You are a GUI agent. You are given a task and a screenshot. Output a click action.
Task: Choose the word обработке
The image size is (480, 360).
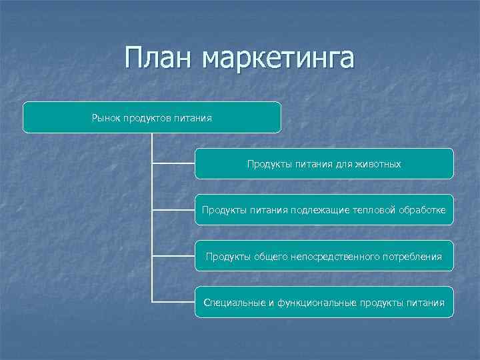pyautogui.click(x=423, y=211)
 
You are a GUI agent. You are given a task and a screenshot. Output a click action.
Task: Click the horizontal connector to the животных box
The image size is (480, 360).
pyautogui.click(x=173, y=163)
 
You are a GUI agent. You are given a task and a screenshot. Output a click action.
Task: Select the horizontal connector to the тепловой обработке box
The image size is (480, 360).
pyautogui.click(x=173, y=209)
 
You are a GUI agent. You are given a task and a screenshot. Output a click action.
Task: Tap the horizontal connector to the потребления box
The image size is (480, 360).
pyautogui.click(x=173, y=255)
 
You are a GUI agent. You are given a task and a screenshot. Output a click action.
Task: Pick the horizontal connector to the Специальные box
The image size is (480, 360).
pyautogui.click(x=173, y=301)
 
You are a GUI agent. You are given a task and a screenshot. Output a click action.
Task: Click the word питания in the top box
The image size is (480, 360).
pyautogui.click(x=193, y=118)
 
